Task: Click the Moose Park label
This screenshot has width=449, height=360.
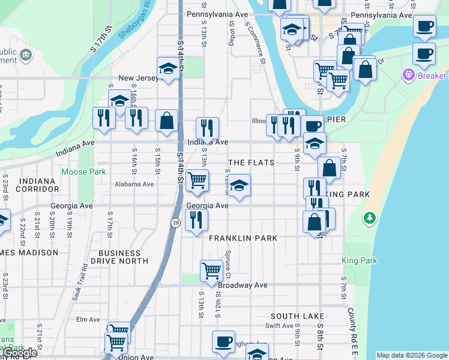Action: point(83,172)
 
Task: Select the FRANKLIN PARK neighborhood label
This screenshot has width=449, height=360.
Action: point(243,238)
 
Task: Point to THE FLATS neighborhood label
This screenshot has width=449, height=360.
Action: point(252,163)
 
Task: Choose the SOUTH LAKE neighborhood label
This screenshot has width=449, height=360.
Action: point(297,316)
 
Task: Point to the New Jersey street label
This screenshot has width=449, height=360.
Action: point(137,78)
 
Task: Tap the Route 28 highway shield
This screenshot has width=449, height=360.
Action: point(175,223)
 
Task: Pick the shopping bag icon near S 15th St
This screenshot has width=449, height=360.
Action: point(166,120)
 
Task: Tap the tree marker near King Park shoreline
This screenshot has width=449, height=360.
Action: point(370,217)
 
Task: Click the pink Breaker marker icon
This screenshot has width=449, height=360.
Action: point(409,76)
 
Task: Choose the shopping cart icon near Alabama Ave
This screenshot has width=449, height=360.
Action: point(197,179)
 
